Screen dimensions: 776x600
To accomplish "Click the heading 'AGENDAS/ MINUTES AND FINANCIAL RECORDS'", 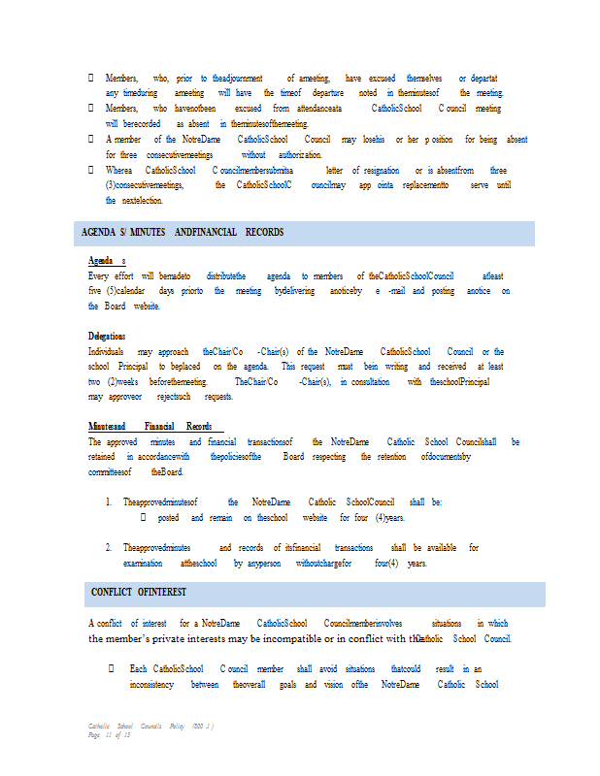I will pos(180,233).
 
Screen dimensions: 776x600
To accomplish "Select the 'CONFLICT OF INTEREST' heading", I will pos(139,592).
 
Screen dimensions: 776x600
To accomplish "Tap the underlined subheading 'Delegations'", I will pos(107,337).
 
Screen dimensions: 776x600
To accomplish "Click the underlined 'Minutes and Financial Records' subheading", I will pos(150,427).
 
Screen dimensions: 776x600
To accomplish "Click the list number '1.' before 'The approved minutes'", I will pos(109,502).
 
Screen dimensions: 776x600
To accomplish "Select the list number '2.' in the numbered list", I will pos(109,548).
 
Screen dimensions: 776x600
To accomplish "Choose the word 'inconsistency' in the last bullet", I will pos(151,684).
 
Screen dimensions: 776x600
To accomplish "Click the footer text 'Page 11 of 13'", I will pos(109,734).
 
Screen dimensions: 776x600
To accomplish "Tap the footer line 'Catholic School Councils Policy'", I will pos(150,726).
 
